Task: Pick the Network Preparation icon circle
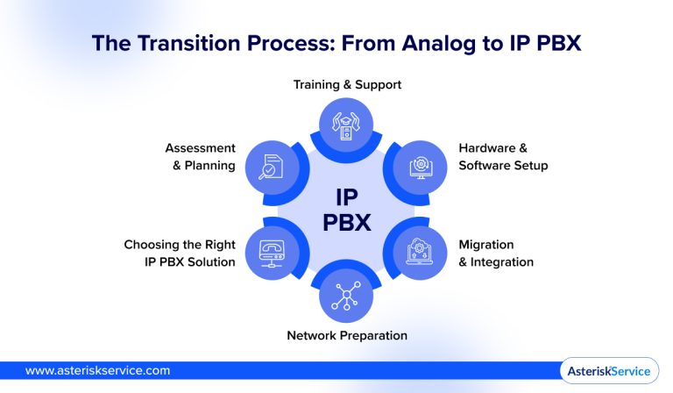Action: [347, 295]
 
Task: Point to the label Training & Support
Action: [347, 85]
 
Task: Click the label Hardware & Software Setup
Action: [503, 157]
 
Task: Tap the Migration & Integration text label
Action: [496, 253]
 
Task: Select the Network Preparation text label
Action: [347, 335]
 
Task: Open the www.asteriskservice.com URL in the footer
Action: [97, 371]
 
